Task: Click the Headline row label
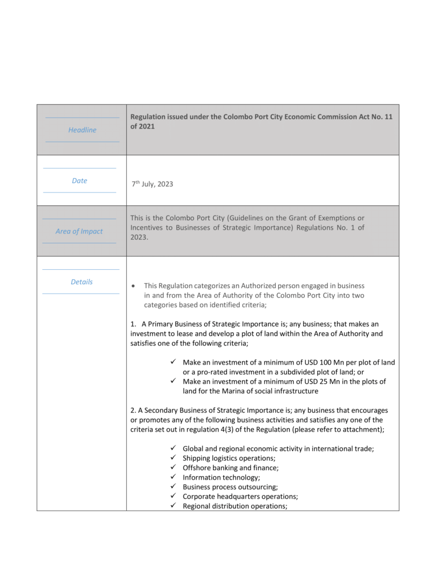82,130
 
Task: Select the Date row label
79,181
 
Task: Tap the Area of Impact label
79,232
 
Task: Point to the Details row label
82,282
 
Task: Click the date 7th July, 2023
152,184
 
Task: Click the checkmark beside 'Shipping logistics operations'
173,458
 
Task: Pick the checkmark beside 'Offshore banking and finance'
173,468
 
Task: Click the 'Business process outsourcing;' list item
230,487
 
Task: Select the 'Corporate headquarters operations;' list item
240,497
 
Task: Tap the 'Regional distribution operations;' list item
235,506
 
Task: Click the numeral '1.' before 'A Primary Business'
133,324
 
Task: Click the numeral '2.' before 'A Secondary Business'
133,411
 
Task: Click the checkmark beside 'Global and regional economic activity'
173,449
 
